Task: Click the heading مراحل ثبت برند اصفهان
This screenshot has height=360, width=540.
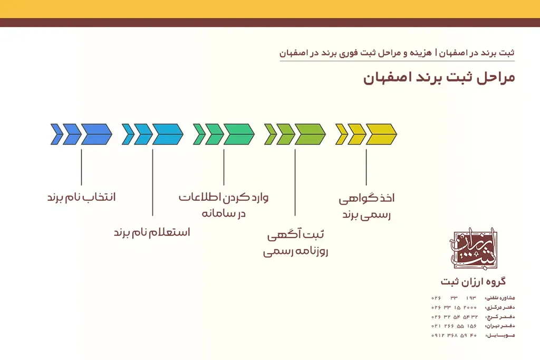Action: coord(439,78)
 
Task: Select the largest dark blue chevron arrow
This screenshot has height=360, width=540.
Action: coord(97,134)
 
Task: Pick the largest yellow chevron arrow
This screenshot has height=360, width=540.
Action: coord(381,134)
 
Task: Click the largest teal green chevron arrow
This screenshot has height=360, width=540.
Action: coord(239,134)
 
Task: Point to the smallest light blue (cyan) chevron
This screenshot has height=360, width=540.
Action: coord(128,134)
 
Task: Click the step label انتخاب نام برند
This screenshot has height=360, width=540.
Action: coord(81,198)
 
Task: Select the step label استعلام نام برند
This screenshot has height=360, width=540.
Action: coord(152,232)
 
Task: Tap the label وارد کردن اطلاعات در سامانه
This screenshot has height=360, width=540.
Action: coord(224,206)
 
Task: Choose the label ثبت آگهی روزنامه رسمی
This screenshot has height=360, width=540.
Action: coord(295,243)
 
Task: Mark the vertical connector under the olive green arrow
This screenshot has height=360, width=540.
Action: coord(295,182)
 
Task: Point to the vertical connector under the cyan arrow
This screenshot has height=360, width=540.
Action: coord(152,182)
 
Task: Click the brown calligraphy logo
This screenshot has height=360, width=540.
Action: coord(473,248)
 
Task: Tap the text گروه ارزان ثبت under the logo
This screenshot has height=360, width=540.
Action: coord(473,281)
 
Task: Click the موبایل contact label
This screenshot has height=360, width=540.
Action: coord(499,336)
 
